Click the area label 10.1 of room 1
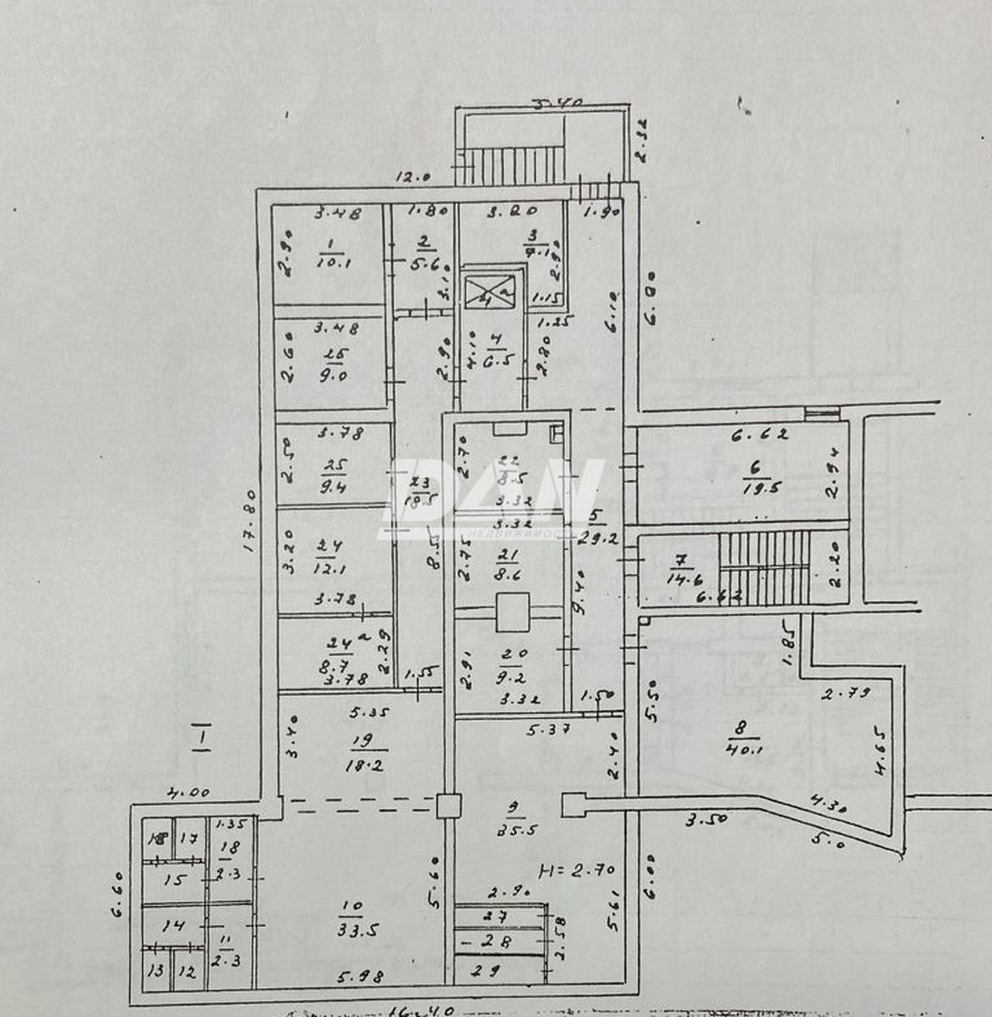pyautogui.click(x=333, y=262)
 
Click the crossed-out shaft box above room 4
pyautogui.click(x=489, y=291)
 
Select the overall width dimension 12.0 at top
pyautogui.click(x=414, y=177)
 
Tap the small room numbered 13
pyautogui.click(x=155, y=971)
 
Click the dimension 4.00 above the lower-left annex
pyautogui.click(x=188, y=792)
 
